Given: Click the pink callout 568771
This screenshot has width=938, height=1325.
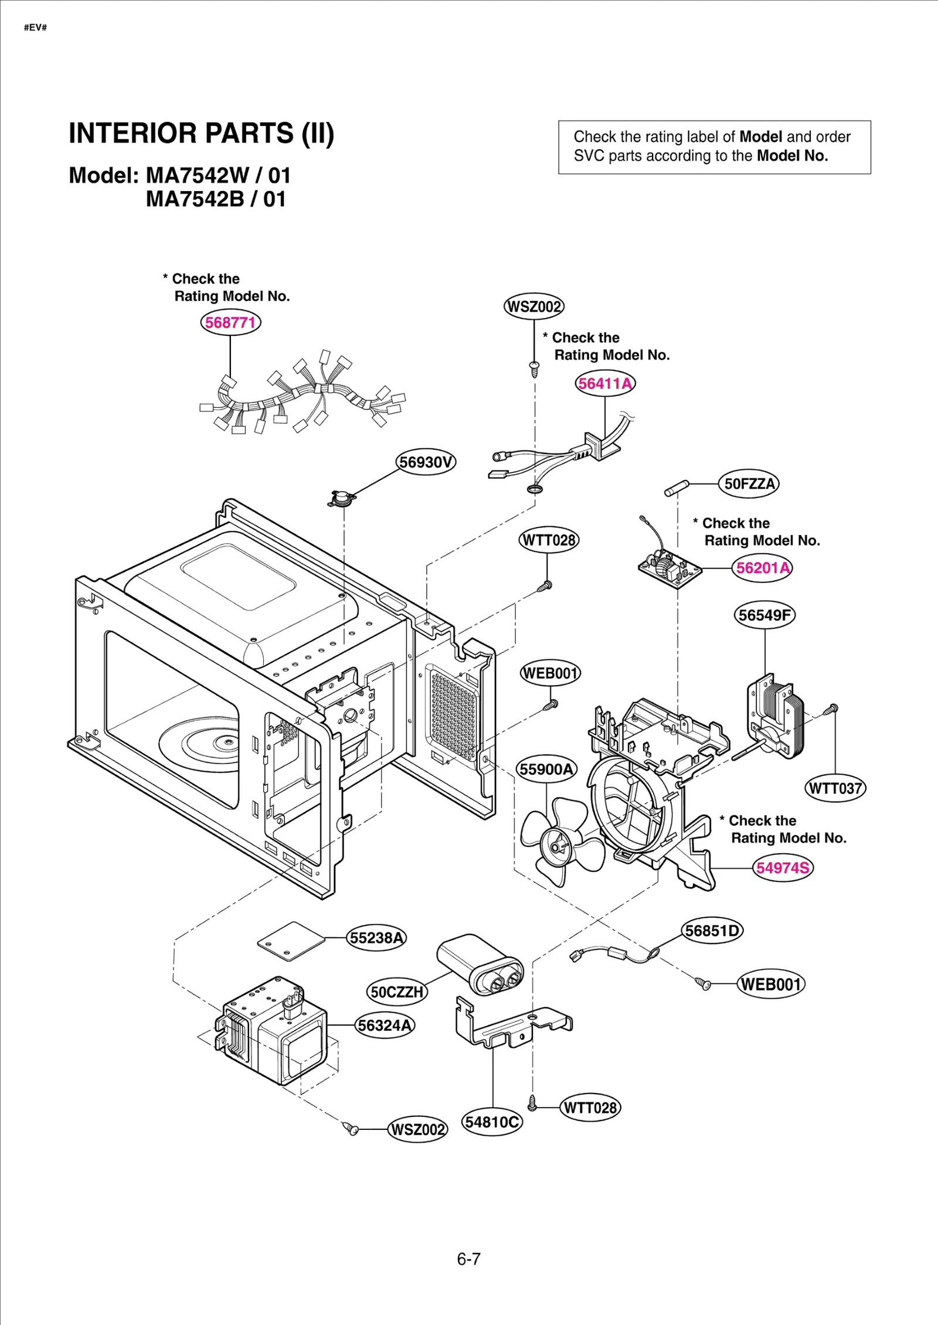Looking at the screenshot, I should pyautogui.click(x=230, y=322).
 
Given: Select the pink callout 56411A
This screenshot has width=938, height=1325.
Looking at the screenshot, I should pyautogui.click(x=605, y=383).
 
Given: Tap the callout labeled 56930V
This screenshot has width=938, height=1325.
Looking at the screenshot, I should pyautogui.click(x=426, y=462).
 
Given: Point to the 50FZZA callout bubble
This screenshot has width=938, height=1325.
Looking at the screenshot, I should pyautogui.click(x=749, y=483).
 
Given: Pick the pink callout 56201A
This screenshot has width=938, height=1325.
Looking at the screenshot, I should pyautogui.click(x=762, y=567).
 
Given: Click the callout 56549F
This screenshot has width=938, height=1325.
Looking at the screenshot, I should pyautogui.click(x=764, y=615).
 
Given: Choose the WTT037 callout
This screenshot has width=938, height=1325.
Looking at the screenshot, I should pyautogui.click(x=835, y=788).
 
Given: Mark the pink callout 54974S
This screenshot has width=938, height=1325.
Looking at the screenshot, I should pyautogui.click(x=783, y=867).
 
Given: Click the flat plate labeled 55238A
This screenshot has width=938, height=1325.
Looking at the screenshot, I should pyautogui.click(x=291, y=942).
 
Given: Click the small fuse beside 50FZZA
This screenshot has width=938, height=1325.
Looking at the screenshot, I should pyautogui.click(x=677, y=488).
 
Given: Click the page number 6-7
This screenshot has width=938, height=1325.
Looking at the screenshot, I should pyautogui.click(x=468, y=1259).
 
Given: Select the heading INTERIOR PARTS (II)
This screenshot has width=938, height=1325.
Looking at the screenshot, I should pyautogui.click(x=201, y=133).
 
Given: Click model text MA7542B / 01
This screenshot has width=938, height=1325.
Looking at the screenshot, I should pyautogui.click(x=215, y=199).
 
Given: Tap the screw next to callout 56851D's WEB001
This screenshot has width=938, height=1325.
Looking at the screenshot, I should pyautogui.click(x=702, y=983).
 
